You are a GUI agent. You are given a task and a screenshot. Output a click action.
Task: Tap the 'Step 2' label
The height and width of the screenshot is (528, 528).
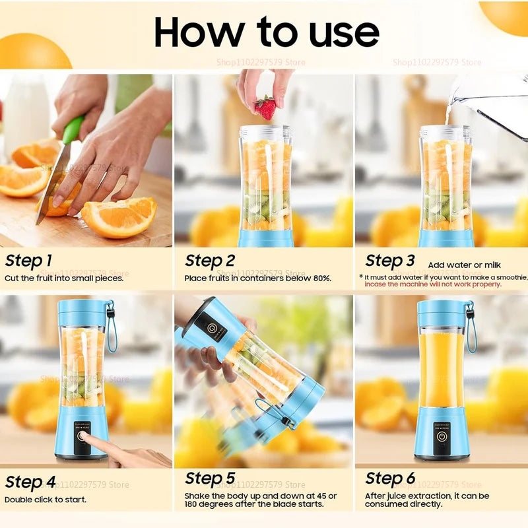210,260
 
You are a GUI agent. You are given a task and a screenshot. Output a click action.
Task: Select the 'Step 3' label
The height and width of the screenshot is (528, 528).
390,260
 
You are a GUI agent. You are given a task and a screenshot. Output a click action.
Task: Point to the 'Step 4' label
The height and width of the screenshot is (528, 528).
30,482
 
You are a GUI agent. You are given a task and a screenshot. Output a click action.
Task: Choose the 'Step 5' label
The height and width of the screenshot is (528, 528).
210,478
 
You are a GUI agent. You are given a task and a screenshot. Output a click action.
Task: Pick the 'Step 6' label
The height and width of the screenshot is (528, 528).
390,478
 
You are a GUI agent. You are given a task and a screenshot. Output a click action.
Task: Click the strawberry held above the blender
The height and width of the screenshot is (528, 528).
265,107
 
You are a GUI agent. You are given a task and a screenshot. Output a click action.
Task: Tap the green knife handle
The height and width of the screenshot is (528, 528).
73,129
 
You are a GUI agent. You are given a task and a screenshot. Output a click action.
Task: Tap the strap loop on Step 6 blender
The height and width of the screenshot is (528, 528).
471,330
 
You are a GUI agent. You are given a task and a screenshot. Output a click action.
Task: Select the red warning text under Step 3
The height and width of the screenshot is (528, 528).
433,284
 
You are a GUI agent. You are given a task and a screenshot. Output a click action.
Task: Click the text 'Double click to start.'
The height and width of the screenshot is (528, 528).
46,500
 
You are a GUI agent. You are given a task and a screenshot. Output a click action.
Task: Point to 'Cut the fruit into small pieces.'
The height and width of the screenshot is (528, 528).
64,278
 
